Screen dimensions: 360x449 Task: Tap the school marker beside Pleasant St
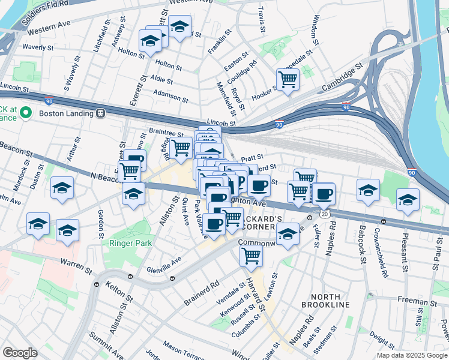[408, 199]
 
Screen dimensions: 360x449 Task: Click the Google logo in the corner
[19, 352]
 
